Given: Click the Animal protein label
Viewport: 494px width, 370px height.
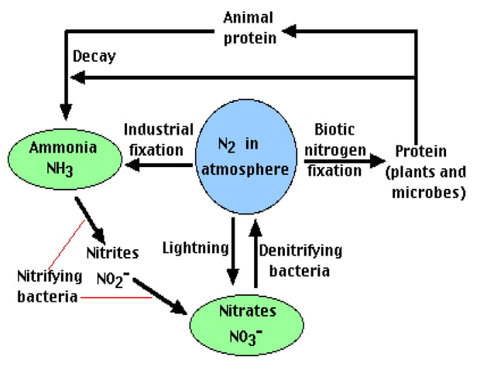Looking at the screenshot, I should click(249, 27).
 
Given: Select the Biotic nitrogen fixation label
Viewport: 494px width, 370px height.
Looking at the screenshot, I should click(334, 149).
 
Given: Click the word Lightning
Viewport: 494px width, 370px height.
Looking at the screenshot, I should click(195, 248).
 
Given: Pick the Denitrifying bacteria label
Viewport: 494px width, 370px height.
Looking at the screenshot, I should click(300, 260).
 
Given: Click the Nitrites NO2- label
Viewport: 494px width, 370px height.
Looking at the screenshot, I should click(112, 265).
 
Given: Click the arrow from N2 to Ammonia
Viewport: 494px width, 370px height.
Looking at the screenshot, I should click(158, 165).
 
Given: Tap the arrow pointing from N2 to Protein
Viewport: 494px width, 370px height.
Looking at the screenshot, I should click(345, 163).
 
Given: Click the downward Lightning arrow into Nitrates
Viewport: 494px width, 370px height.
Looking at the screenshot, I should click(233, 252).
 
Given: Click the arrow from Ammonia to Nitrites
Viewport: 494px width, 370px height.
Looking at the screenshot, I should click(91, 219).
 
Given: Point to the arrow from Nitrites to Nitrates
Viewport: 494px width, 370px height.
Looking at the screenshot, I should click(166, 295).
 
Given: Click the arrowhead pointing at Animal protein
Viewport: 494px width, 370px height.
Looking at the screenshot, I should click(290, 30).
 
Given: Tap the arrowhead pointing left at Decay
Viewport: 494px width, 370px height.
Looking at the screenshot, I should click(79, 77).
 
